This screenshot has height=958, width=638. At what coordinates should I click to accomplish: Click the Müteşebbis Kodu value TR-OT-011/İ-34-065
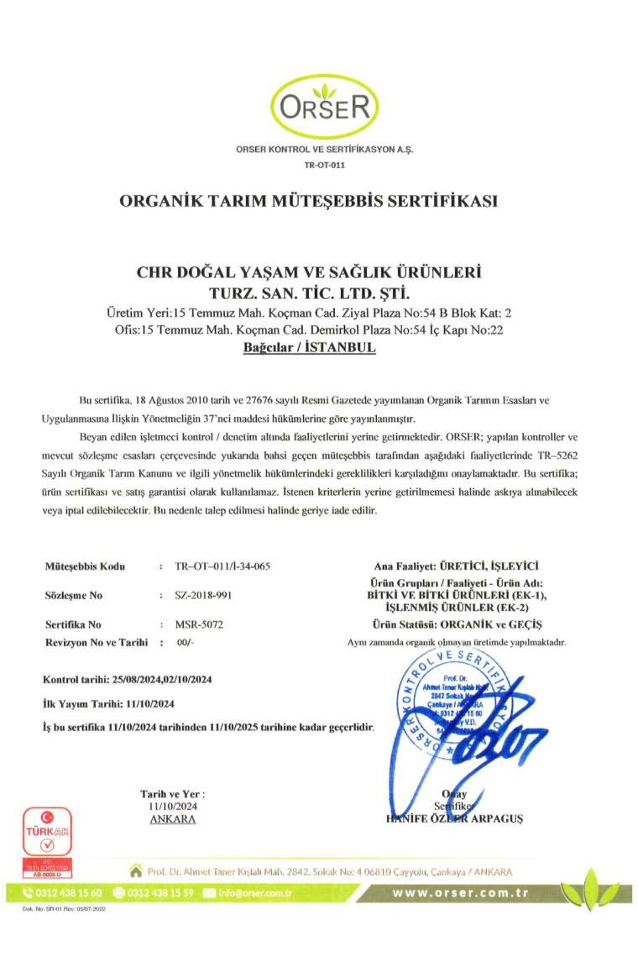[222, 567]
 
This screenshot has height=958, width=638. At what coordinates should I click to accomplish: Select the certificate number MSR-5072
[199, 625]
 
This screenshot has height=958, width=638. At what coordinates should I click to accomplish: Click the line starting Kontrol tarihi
[127, 678]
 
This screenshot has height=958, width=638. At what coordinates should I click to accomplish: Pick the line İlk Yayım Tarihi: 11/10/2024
[109, 702]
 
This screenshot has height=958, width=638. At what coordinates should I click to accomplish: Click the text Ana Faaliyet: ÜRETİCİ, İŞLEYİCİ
[457, 567]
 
